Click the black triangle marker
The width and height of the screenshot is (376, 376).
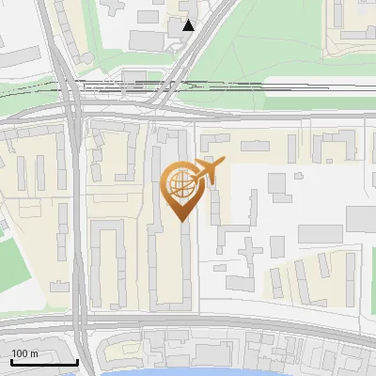coord(189,25)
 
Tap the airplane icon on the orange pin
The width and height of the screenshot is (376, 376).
coord(208,172)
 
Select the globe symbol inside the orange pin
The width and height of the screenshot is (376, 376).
coord(179,185)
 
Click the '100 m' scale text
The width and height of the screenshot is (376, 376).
coord(24,353)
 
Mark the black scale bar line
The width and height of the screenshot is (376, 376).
coord(43,362)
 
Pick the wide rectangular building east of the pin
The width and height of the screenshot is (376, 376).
coord(320,233)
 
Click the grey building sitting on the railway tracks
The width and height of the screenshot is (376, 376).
coord(135,76)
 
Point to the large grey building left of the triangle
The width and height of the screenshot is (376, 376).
coord(146,39)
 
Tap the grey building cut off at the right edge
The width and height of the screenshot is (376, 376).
coord(363,218)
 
